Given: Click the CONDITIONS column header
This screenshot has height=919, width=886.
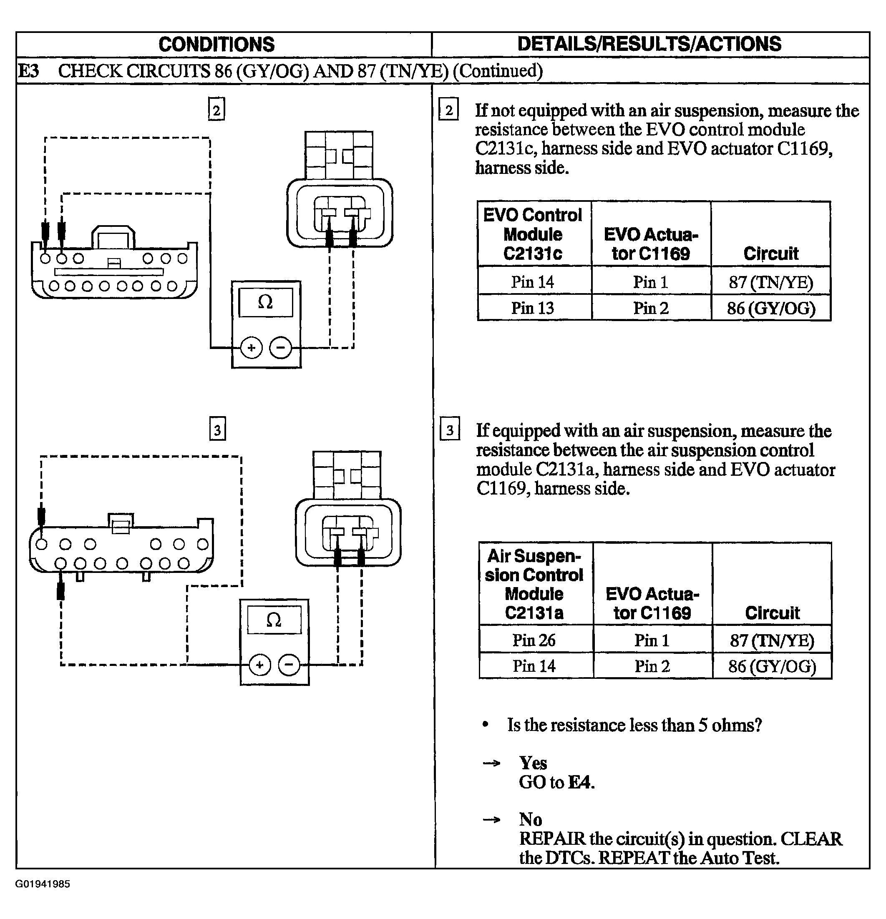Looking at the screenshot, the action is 216,45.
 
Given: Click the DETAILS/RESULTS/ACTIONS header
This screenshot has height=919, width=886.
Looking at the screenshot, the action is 649,44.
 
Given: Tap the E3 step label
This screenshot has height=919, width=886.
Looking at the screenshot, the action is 29,71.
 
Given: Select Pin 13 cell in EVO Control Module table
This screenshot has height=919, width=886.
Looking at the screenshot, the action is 533,308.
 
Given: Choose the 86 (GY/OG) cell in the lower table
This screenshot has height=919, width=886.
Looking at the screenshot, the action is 772,666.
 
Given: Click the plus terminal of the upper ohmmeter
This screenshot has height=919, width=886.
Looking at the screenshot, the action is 252,348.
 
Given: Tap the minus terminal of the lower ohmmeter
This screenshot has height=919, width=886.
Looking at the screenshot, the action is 289,665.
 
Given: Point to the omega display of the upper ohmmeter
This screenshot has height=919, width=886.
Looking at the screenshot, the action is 265,302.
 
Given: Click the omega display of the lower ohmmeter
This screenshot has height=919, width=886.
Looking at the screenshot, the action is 274,620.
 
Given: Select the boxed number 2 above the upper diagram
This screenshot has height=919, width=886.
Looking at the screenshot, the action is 216,110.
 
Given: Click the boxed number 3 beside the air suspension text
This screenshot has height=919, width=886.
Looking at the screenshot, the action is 450,429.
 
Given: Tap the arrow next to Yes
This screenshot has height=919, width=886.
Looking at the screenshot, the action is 491,763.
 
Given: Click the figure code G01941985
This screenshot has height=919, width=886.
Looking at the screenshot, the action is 43,884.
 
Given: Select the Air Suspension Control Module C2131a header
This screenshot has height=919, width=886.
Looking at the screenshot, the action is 534,584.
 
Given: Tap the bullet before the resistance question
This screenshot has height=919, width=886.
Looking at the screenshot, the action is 486,725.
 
